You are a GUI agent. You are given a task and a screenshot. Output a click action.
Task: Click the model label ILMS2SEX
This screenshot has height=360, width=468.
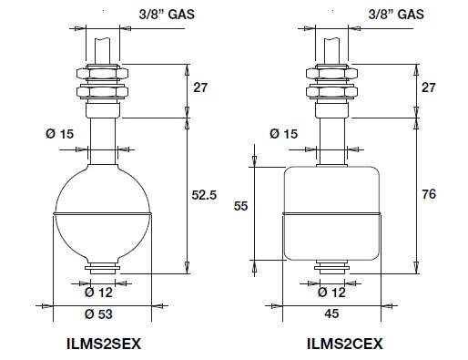[104, 344]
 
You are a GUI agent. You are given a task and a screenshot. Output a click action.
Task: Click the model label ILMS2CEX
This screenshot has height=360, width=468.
[345, 344]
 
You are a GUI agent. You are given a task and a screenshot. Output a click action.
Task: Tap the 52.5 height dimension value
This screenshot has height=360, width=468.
[204, 195]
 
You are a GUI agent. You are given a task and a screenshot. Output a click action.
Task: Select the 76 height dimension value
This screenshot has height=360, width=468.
[429, 194]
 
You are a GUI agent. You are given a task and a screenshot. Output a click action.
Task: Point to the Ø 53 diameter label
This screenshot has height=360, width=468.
[98, 314]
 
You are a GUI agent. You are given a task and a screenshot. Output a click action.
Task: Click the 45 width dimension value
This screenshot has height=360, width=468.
[331, 314]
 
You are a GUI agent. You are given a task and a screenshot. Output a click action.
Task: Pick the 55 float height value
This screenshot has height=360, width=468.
[240, 206]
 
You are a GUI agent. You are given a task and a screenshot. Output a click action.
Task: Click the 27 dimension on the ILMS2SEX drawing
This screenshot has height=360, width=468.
[200, 87]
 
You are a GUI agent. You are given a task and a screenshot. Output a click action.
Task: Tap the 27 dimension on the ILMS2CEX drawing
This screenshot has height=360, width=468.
[429, 87]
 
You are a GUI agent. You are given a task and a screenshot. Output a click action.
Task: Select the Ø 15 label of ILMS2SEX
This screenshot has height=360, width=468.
[60, 134]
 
